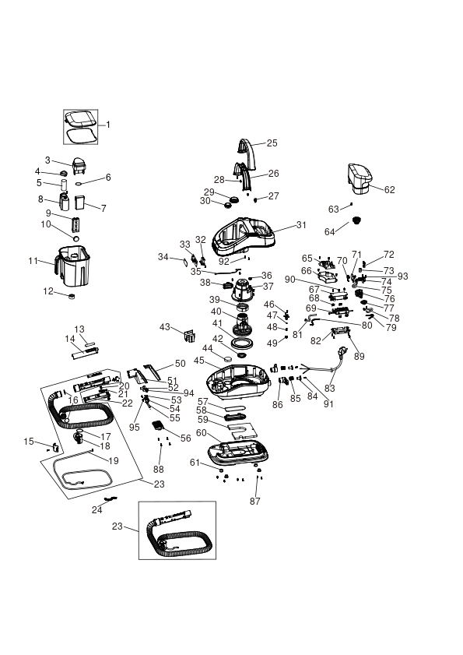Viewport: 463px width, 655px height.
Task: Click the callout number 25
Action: click(272, 143)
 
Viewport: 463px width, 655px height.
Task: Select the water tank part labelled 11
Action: click(72, 266)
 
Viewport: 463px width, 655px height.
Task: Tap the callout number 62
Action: click(389, 190)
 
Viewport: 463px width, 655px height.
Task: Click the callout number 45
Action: click(199, 361)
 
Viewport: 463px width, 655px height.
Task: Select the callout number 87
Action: click(255, 501)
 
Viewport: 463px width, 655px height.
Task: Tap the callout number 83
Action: click(330, 388)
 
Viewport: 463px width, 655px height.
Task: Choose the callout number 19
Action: click(114, 461)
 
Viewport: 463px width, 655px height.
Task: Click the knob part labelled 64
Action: click(356, 220)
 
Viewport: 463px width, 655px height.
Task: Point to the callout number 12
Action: click(48, 291)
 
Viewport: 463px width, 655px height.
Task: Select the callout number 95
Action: click(135, 428)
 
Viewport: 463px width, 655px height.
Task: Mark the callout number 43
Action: click(165, 326)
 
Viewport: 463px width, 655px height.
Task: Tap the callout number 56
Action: click(186, 438)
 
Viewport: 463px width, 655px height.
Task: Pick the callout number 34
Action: click(163, 257)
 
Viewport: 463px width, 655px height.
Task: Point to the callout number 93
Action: click(402, 276)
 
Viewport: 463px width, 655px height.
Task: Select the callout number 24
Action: click(96, 510)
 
